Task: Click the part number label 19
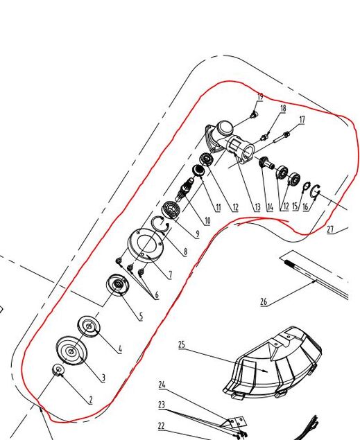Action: pyautogui.click(x=260, y=97)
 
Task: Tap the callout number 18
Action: pyautogui.click(x=283, y=108)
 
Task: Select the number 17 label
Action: pyautogui.click(x=302, y=120)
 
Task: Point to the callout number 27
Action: pyautogui.click(x=330, y=229)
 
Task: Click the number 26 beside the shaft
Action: pyautogui.click(x=264, y=302)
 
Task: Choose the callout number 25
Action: pyautogui.click(x=182, y=344)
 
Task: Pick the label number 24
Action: pyautogui.click(x=162, y=385)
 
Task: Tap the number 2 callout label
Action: pyautogui.click(x=90, y=400)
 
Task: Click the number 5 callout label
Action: pyautogui.click(x=141, y=317)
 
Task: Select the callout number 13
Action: pyautogui.click(x=257, y=207)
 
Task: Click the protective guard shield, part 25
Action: pyautogui.click(x=273, y=362)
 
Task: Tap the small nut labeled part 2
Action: pyautogui.click(x=58, y=369)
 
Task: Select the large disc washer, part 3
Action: pyautogui.click(x=71, y=351)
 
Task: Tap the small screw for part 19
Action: pyautogui.click(x=254, y=114)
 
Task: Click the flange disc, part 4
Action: pyautogui.click(x=89, y=326)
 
